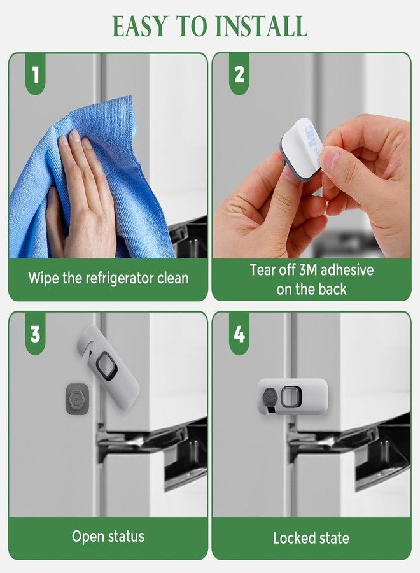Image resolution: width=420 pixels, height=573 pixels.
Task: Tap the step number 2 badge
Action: tap(239, 75)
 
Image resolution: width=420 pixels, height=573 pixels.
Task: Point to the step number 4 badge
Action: tap(239, 334)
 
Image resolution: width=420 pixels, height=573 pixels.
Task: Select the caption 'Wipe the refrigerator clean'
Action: tap(108, 278)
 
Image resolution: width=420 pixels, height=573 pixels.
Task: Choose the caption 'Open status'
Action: tap(108, 536)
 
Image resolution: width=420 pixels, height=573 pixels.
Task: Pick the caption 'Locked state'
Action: tap(311, 538)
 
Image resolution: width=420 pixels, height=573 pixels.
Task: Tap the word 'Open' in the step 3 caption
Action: tap(87, 537)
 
